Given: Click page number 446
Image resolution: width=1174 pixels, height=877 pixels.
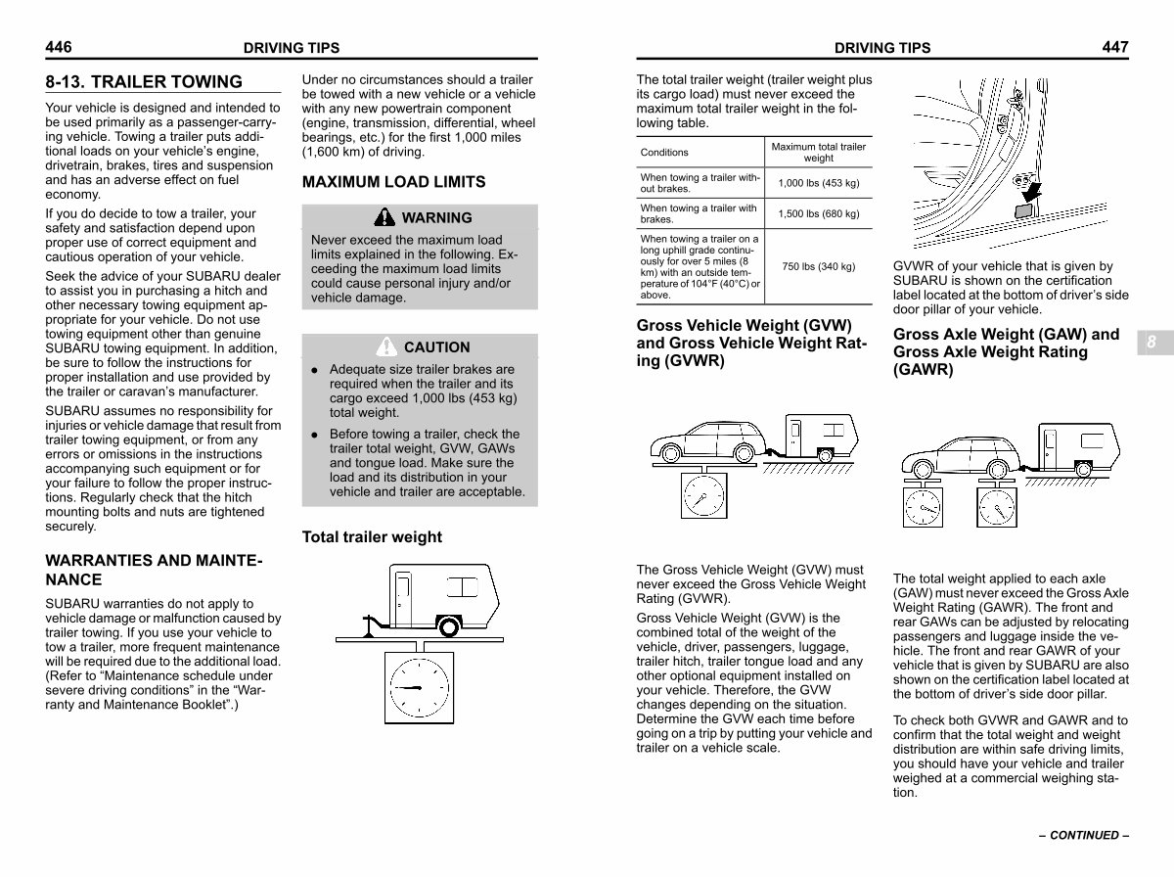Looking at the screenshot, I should pos(59,47).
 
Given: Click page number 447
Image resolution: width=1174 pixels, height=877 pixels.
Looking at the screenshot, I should pos(1115,47).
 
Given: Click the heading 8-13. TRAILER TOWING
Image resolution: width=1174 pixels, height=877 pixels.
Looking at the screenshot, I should pos(144,82).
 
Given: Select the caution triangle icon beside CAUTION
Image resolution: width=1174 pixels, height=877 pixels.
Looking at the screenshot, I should pos(387,346).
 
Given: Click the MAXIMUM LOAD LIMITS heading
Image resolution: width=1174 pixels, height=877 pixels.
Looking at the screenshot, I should pos(393,182).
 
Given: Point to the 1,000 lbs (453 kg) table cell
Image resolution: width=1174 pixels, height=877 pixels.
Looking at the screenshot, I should pos(819,183).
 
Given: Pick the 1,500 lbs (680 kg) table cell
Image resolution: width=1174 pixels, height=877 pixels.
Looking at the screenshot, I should pos(819,213).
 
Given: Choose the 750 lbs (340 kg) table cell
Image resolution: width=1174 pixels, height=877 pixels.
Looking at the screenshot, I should pos(819,266).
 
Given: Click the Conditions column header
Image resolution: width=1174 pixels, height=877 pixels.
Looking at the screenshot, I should pos(664,153).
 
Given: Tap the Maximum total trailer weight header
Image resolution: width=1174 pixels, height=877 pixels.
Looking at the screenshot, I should pos(819,152).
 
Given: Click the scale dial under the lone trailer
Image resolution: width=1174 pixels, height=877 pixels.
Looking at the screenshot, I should pos(419,687).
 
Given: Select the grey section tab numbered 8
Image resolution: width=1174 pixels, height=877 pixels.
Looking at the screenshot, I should pos(1151,343).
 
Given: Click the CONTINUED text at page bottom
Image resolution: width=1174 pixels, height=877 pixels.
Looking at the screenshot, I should pos(1083,836).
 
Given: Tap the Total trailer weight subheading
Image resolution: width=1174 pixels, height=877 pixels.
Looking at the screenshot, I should pos(372,537).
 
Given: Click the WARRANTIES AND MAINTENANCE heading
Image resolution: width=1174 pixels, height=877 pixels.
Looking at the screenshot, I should pos(155,571).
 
